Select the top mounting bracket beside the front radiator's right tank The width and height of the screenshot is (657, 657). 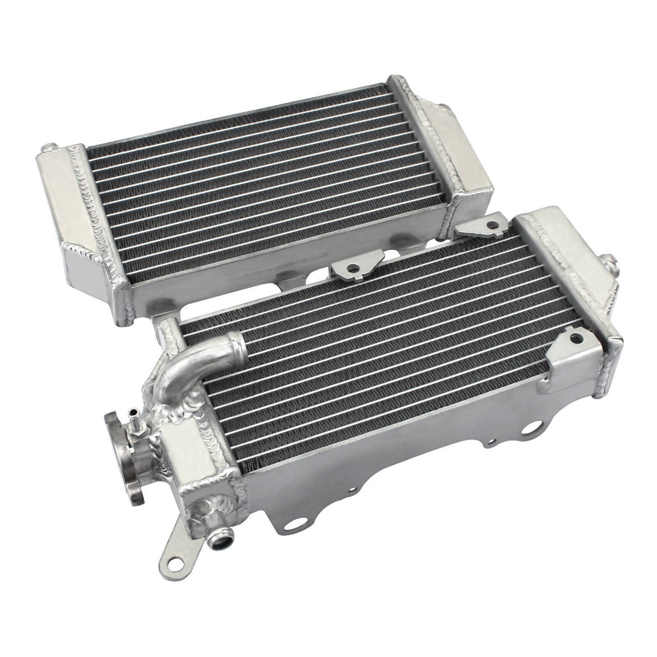tap(483, 226)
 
